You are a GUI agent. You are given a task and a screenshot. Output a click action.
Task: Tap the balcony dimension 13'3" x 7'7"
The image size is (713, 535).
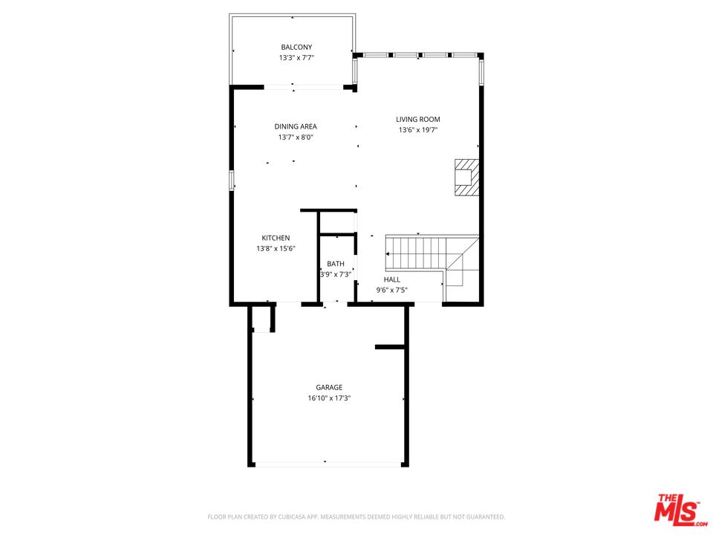coord(296,58)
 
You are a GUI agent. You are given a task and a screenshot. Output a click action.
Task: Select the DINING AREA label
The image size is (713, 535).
coord(296,126)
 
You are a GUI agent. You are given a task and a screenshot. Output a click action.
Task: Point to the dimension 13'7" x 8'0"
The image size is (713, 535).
coord(296,137)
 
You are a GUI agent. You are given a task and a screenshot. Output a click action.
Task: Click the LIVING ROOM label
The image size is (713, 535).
coord(418,119)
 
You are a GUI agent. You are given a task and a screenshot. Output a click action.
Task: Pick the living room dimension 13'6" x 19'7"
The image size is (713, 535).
coord(418,130)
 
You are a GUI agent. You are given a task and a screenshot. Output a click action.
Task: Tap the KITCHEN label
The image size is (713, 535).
coord(276,238)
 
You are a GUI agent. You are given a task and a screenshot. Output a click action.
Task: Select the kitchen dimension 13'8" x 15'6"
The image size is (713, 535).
coord(276,249)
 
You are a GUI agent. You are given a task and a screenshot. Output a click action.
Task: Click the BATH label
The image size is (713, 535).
coord(336,264)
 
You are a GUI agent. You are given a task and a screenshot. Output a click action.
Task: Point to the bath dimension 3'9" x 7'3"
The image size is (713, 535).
coord(336,274)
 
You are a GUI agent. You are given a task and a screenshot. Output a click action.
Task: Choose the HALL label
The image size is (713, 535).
coord(392,279)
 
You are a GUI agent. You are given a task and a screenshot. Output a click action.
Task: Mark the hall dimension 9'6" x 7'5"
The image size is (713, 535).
coord(392,290)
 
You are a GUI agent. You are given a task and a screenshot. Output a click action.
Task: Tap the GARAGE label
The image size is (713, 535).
coord(329,387)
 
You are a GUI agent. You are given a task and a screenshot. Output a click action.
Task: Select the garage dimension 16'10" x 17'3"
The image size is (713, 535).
coord(329,398)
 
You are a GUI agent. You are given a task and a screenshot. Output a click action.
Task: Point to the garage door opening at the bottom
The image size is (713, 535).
coord(328,465)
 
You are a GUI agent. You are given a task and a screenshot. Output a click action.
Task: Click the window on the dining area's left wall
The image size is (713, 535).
coord(232,180)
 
